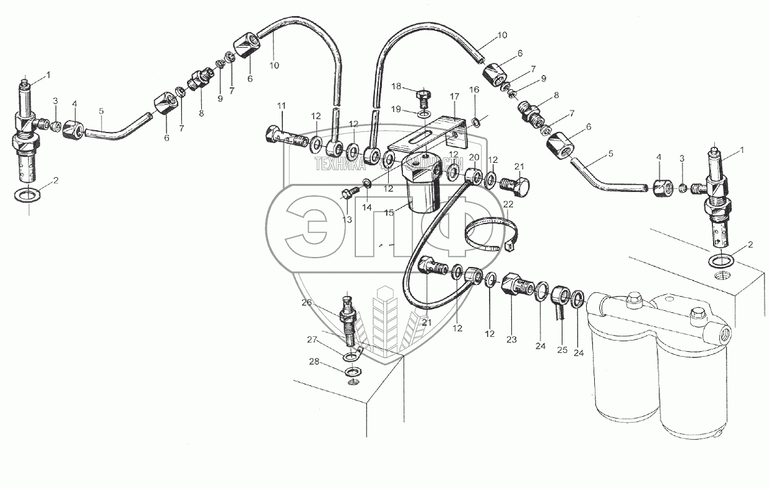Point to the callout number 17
coord(454,97)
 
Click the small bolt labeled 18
coord(423,96)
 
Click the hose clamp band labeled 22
coord(485,235)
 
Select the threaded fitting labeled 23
coord(516,284)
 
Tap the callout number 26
coord(306,302)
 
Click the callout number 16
coord(474,90)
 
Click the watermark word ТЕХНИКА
coord(340,163)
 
